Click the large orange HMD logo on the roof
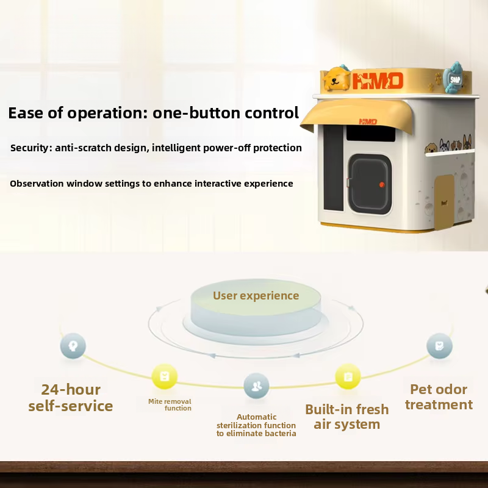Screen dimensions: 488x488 pyautogui.click(x=378, y=81)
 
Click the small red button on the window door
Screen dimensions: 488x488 pyautogui.click(x=382, y=185)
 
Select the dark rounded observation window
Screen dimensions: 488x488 pyautogui.click(x=370, y=184)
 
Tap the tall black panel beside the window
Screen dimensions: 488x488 pyautogui.click(x=334, y=168)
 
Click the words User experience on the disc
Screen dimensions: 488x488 pyautogui.click(x=256, y=296)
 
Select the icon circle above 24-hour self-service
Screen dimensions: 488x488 pyautogui.click(x=73, y=346)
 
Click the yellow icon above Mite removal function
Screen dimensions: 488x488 pyautogui.click(x=164, y=376)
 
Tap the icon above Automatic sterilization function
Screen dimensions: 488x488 pyautogui.click(x=256, y=386)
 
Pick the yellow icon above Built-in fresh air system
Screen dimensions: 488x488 pyautogui.click(x=348, y=376)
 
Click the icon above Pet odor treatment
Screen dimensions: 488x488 pyautogui.click(x=439, y=346)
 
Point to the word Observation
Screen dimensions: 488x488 pyautogui.click(x=37, y=184)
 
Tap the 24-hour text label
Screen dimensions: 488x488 pyautogui.click(x=71, y=390)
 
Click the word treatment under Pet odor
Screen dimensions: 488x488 pyautogui.click(x=439, y=404)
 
